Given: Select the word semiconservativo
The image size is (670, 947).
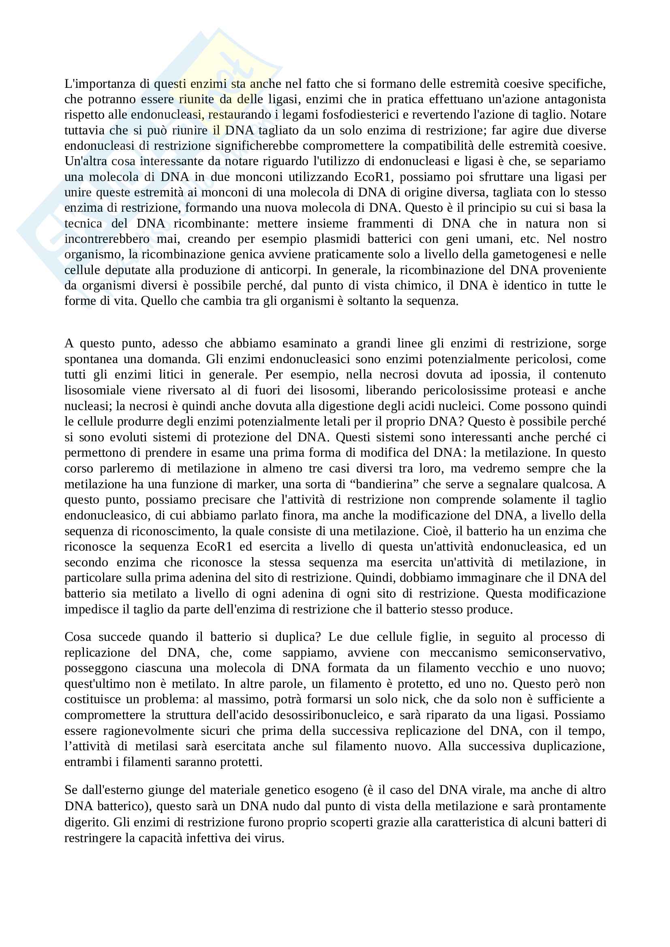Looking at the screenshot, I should tap(556, 653).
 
